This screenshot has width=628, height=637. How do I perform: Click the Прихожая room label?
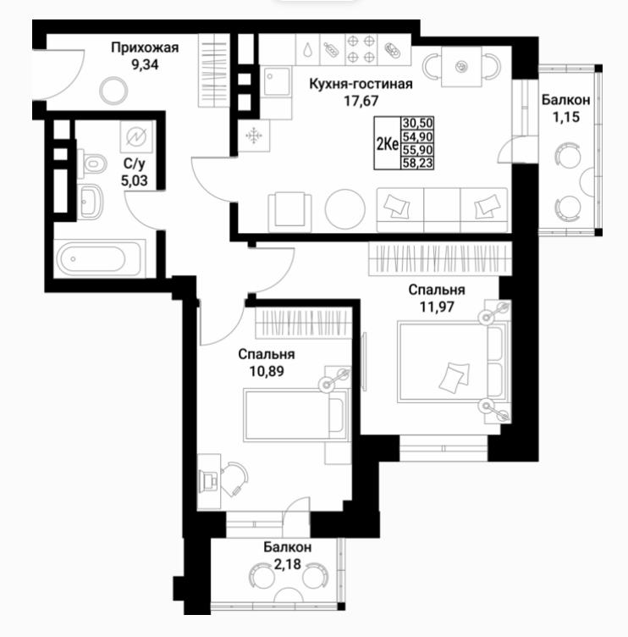[x=145, y=48]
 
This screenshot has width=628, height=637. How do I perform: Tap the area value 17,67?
[x=361, y=100]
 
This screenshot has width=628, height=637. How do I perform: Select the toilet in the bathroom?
[x=91, y=163]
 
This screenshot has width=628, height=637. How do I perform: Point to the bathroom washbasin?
[x=90, y=202]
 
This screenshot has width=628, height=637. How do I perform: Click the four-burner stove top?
[x=361, y=49]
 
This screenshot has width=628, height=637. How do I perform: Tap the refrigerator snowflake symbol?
[x=254, y=136]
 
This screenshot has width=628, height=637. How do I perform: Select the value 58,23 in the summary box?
[x=417, y=163]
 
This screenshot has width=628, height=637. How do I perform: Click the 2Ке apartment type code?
[x=388, y=143]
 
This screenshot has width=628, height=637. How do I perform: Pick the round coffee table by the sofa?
[x=345, y=209]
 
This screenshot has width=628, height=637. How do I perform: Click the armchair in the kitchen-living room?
[x=289, y=211]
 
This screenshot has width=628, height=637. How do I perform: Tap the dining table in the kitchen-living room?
[x=461, y=66]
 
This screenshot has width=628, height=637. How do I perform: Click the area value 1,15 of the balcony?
[x=566, y=117]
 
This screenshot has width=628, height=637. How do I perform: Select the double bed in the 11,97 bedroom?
[x=453, y=362]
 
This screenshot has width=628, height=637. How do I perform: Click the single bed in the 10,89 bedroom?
[x=296, y=415]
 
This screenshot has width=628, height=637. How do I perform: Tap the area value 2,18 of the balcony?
[x=288, y=564]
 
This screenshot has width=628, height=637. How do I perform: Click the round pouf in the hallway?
[x=113, y=91]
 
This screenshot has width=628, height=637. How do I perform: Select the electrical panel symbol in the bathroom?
[x=136, y=136]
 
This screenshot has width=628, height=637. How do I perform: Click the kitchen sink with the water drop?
[x=308, y=49]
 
